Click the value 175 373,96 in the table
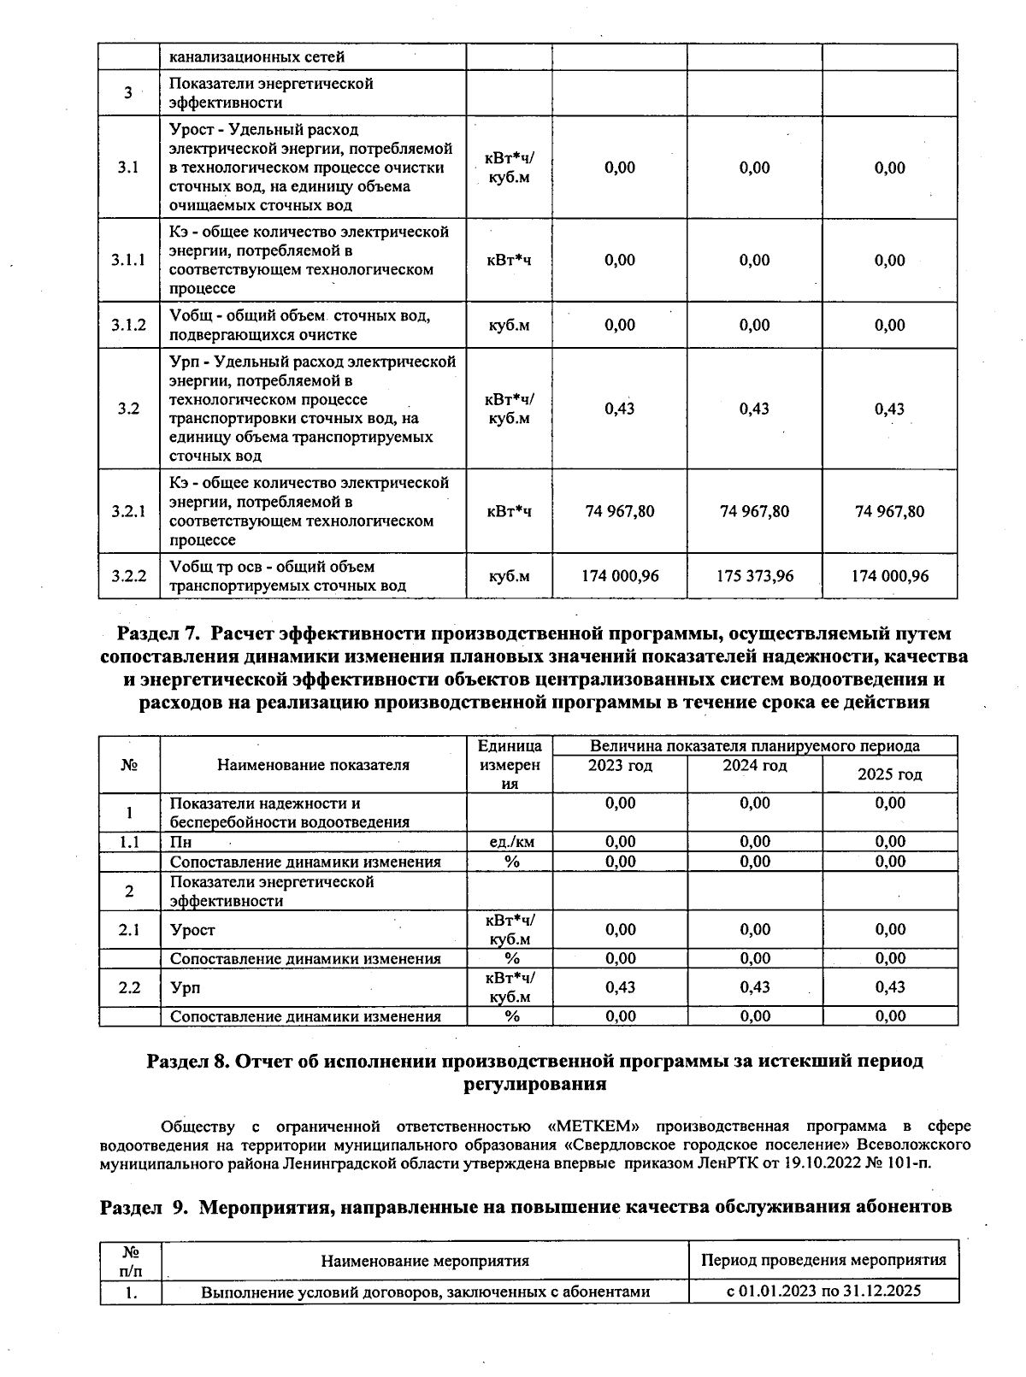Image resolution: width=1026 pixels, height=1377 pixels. pos(754,576)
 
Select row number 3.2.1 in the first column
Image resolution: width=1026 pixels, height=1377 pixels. pos(128,511)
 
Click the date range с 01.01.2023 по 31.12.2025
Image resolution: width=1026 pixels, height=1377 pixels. pos(823,1291)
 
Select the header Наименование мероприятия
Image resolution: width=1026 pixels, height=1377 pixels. pos(425,1261)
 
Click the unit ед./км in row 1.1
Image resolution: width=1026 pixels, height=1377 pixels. pos(510,842)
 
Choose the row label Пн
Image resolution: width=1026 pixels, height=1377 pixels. pos(180,842)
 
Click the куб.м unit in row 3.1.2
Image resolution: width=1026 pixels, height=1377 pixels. pos(510,326)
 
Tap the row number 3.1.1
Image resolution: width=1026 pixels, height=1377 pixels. pos(128,261)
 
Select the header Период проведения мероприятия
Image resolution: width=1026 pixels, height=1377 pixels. pos(823,1260)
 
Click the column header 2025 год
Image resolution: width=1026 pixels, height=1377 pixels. pos(889,774)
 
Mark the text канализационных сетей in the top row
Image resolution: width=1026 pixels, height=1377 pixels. pos(256,57)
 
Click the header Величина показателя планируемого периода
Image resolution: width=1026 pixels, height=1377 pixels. pos(754,745)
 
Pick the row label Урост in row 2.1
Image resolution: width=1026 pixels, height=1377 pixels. pos(192,930)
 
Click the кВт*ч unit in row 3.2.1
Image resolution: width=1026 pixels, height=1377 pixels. pos(510,512)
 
